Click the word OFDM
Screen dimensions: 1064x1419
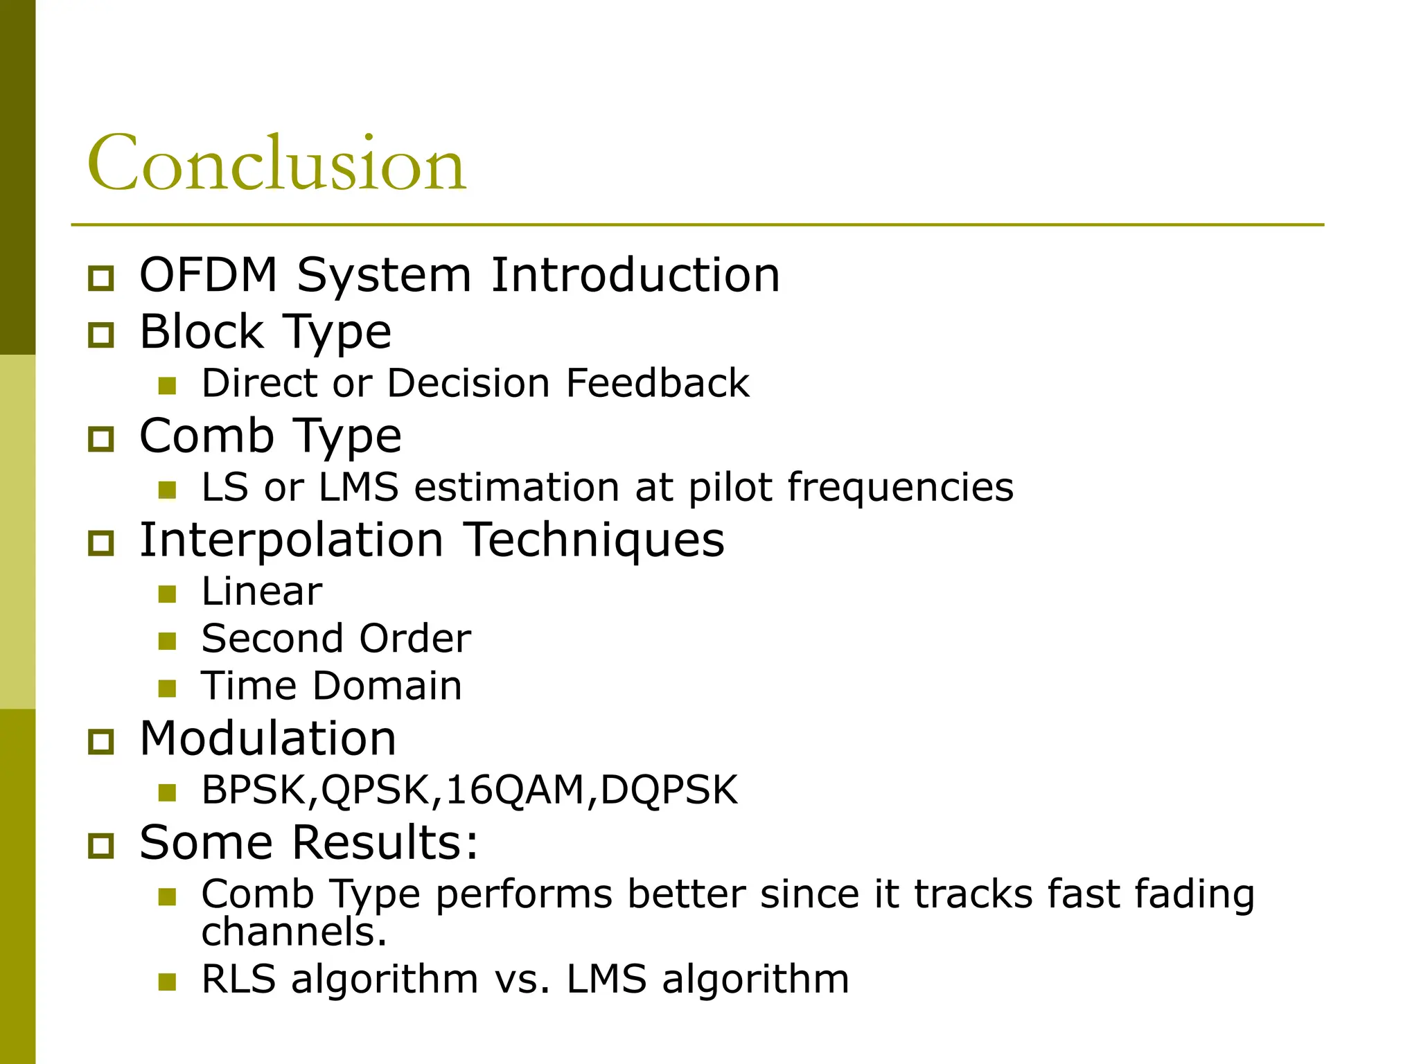[209, 275]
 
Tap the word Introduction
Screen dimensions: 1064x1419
[635, 275]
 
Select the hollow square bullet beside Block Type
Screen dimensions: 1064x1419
[101, 335]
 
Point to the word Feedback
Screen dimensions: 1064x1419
[657, 383]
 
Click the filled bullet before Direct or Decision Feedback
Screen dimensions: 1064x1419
[167, 386]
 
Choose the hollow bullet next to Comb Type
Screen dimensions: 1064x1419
[101, 439]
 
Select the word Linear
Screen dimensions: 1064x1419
[262, 592]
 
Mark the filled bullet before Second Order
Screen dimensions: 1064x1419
[167, 641]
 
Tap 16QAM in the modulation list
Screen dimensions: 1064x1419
[515, 790]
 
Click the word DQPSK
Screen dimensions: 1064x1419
[669, 790]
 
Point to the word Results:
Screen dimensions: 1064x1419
[385, 842]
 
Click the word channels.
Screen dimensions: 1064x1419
[294, 932]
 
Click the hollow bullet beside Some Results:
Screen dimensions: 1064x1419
[101, 846]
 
